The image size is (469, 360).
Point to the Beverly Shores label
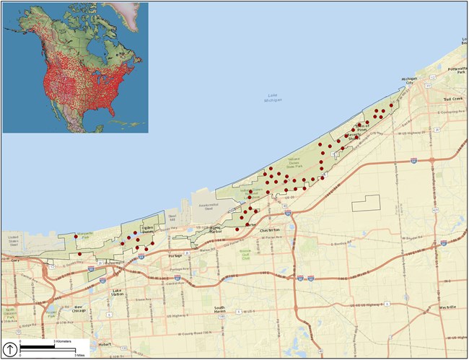pos(355,135)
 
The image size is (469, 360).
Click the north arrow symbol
pos(10,347)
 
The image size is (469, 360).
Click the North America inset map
pos(74,67)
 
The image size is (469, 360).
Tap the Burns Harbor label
pos(209,231)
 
